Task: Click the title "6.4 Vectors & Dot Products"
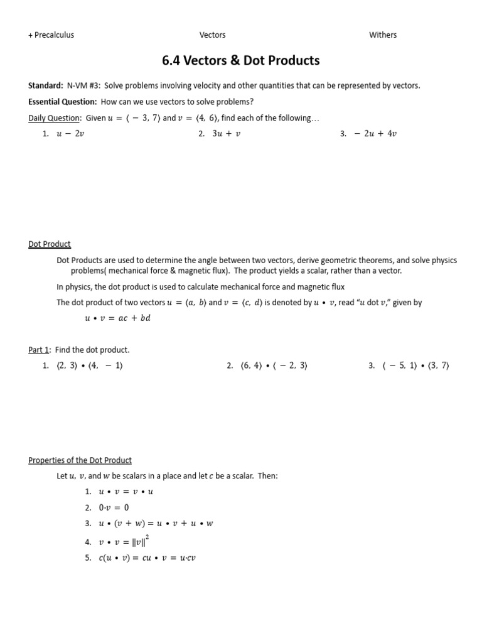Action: (x=240, y=60)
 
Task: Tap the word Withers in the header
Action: (x=383, y=35)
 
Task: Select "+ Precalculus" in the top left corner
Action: (x=51, y=35)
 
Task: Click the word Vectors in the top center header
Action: (x=213, y=35)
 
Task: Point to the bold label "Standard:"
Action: (x=46, y=85)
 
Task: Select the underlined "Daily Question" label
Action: (x=54, y=118)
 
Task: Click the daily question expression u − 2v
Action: (x=71, y=134)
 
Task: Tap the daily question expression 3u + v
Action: (x=225, y=134)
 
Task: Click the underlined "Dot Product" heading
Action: (x=50, y=244)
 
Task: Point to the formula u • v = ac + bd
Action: (x=118, y=318)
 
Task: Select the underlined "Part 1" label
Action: (x=39, y=350)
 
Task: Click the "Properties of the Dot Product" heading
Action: (x=80, y=460)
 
